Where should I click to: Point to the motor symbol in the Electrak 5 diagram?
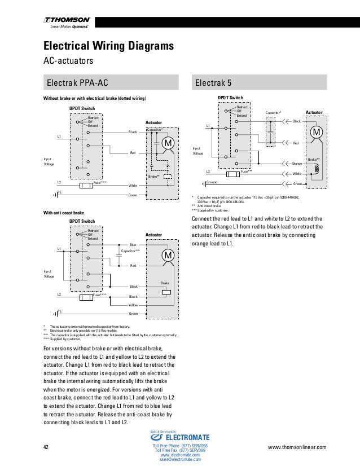click(316, 132)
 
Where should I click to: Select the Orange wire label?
click(296, 164)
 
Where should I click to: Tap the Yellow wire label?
click(133, 305)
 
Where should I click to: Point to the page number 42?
click(47, 447)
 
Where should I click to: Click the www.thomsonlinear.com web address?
click(299, 447)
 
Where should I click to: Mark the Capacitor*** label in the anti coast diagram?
click(131, 249)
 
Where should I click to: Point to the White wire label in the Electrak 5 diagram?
click(296, 174)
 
